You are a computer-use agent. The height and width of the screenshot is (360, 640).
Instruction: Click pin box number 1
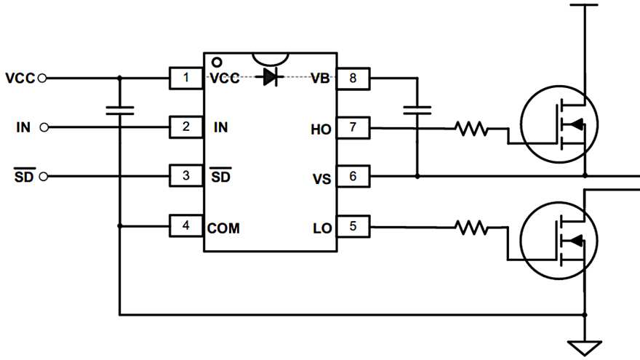(x=186, y=78)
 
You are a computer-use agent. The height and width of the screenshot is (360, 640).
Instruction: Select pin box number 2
(x=186, y=127)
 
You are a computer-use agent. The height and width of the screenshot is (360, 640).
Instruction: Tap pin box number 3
(x=186, y=176)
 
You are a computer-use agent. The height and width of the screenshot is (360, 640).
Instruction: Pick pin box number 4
(x=186, y=226)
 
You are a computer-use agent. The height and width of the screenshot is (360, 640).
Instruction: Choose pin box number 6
(x=353, y=176)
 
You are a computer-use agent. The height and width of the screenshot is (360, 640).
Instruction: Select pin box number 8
(x=353, y=78)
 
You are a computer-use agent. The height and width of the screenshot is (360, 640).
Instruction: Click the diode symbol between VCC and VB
(x=271, y=77)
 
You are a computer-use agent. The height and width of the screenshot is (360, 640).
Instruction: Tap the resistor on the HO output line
(x=471, y=129)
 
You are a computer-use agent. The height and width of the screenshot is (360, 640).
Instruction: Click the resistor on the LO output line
(x=471, y=228)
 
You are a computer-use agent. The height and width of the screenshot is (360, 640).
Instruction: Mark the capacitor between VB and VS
(x=417, y=111)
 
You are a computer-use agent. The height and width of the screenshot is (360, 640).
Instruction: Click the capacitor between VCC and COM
(x=120, y=111)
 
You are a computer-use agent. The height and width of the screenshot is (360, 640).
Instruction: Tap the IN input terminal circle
(x=45, y=127)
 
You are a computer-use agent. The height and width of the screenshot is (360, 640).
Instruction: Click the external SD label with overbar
(x=25, y=176)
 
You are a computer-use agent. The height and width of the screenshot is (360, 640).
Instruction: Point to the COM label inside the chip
(x=223, y=228)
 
